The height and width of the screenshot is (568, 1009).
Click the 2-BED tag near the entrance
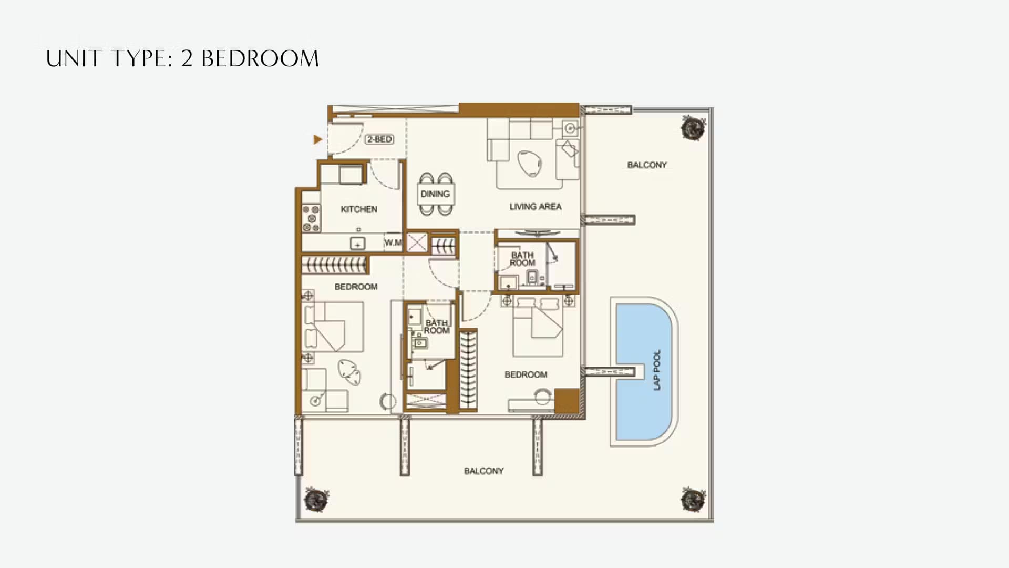[x=379, y=139]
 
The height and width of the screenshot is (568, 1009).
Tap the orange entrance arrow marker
[x=317, y=139]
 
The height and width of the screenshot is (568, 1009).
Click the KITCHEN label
[x=359, y=209]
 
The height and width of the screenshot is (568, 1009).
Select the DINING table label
[x=435, y=194]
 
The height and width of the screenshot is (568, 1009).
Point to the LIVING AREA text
[x=535, y=207]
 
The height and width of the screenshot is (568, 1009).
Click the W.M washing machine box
[x=393, y=242]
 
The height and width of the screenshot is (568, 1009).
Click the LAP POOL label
[x=657, y=370]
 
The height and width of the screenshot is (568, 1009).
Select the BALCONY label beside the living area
[x=647, y=165]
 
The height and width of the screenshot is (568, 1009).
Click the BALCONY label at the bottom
[x=483, y=471]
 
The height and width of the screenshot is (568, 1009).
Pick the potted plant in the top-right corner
[x=693, y=128]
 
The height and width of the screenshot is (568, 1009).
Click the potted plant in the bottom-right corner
[x=693, y=500]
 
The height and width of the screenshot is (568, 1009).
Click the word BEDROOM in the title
[x=260, y=59]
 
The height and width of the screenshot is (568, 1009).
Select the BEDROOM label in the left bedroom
[x=356, y=287]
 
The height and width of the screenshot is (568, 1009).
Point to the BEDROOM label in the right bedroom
[x=526, y=375]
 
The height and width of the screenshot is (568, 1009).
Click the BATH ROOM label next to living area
[x=522, y=259]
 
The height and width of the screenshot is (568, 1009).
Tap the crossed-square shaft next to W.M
[x=417, y=243]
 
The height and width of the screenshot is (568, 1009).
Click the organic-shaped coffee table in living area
[x=529, y=163]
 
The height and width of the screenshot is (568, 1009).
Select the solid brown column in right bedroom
[x=567, y=401]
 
